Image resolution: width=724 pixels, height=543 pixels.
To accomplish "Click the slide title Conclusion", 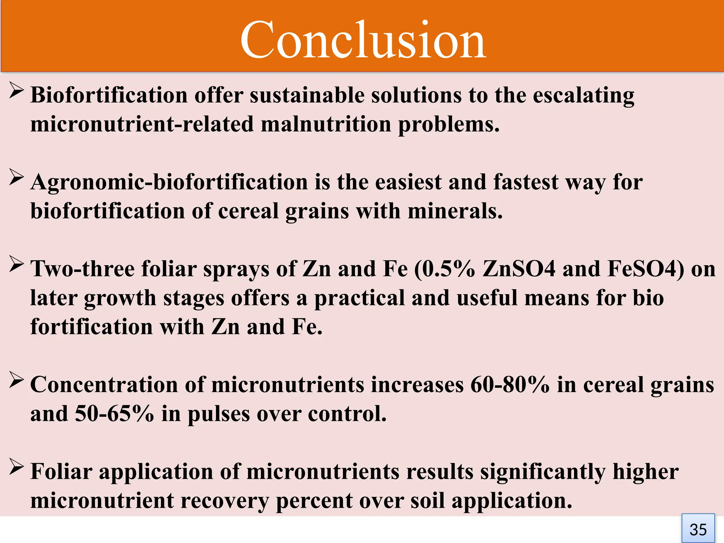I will click(363, 40).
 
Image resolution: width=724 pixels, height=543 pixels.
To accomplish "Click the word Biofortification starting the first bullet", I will click(109, 95).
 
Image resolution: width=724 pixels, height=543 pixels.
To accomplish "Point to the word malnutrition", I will click(326, 124).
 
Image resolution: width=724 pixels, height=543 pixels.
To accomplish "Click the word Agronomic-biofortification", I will click(169, 182).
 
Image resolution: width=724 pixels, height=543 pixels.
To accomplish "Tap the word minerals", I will click(455, 211).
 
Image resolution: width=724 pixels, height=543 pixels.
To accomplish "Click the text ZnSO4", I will click(519, 269).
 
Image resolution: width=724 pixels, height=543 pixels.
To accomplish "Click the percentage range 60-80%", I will click(510, 385).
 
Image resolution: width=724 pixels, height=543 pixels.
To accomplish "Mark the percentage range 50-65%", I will click(115, 414).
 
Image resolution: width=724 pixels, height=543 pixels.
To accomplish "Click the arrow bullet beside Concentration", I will click(16, 380).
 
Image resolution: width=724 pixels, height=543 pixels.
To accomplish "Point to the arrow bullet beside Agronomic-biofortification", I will click(16, 178).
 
